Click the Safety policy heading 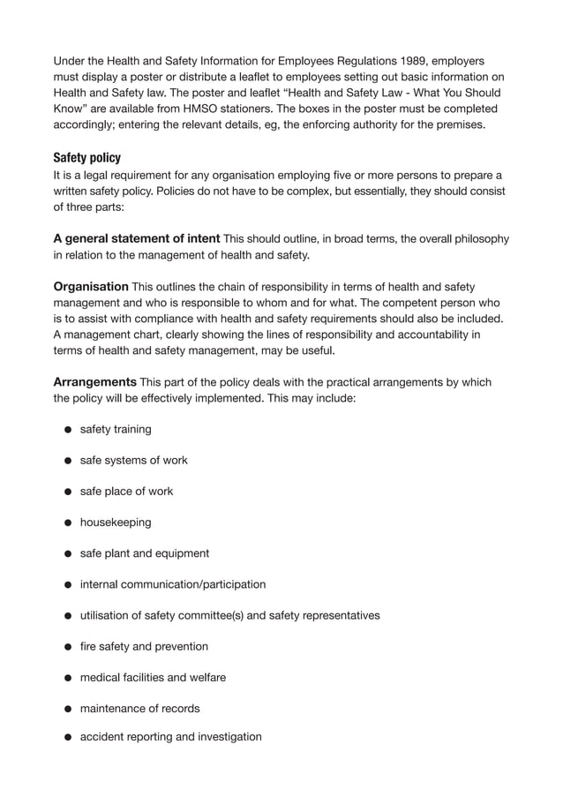point(87,158)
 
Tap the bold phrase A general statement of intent point(137,239)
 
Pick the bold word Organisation point(91,287)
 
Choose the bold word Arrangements point(94,382)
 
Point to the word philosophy point(477,239)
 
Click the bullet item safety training point(116,429)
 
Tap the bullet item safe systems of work point(133,460)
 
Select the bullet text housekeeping point(116,522)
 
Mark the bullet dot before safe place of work point(67,492)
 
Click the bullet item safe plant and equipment point(145,553)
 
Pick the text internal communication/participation point(173,584)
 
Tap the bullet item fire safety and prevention point(144,646)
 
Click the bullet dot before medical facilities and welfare point(67,678)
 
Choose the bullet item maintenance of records point(140,708)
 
